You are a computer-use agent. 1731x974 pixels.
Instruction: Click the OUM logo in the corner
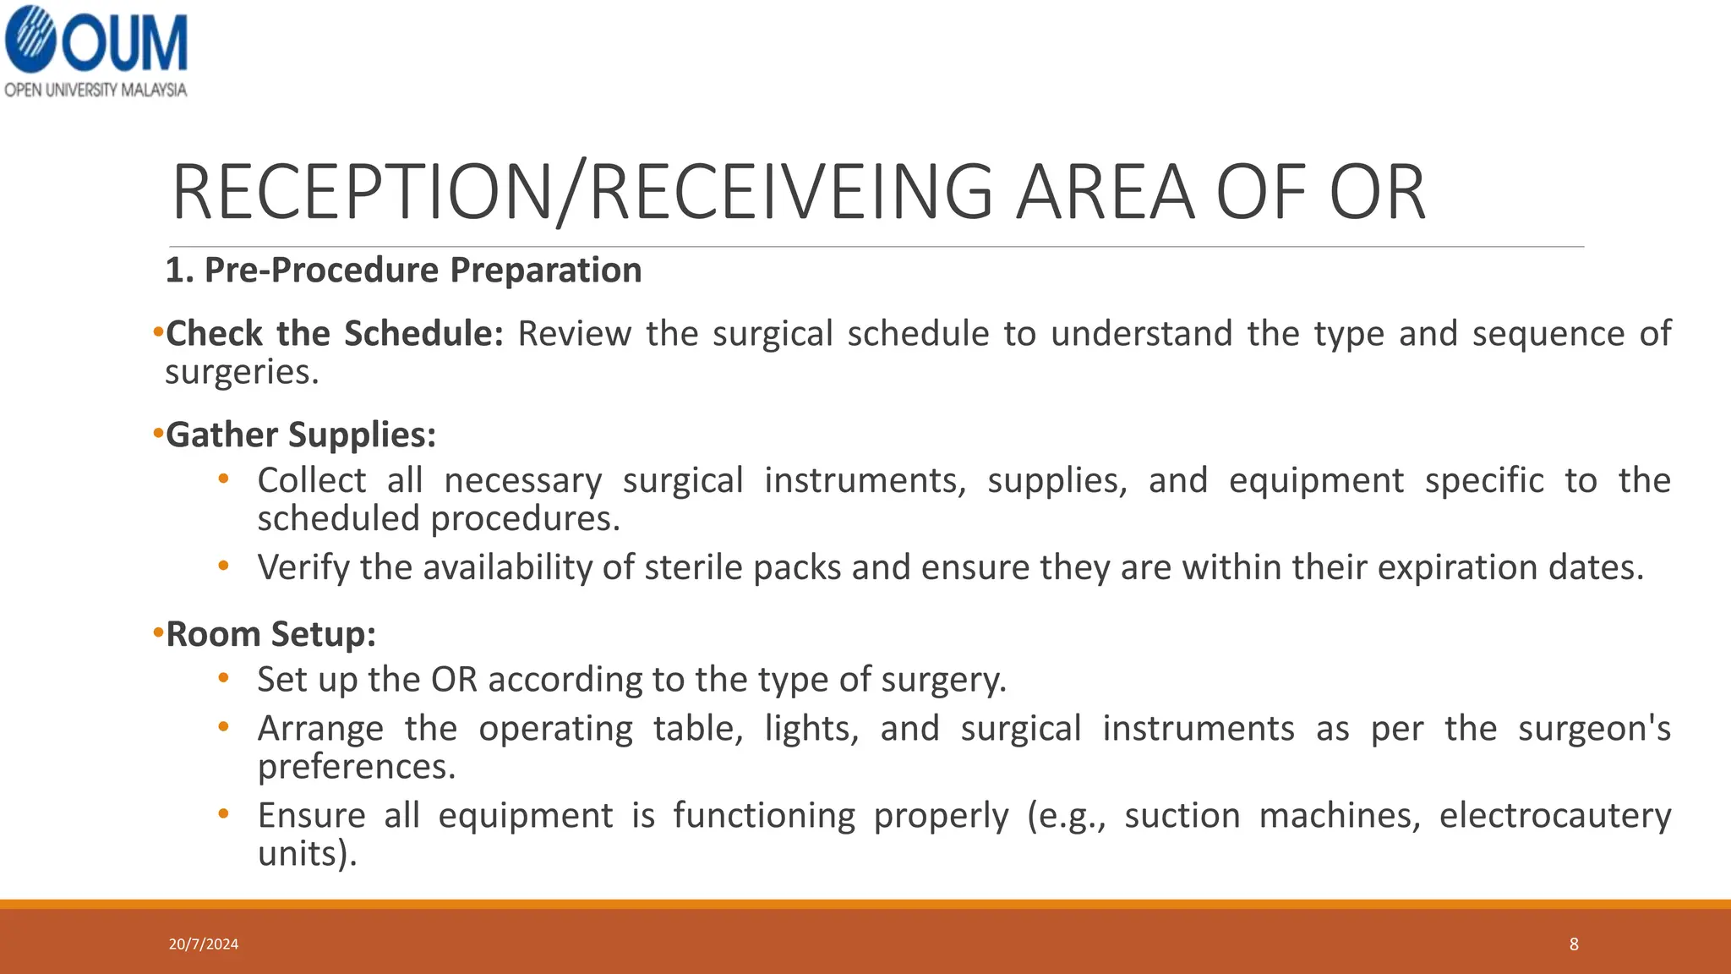[x=95, y=41]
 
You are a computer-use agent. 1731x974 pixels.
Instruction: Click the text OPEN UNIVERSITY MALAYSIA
[x=95, y=90]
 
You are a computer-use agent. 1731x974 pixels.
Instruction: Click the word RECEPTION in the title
[x=362, y=193]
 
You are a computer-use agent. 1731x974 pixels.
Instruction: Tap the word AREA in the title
[x=1106, y=193]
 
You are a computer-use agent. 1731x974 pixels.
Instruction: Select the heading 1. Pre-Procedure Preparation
[x=403, y=271]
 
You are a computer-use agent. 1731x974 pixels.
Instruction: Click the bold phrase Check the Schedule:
[x=335, y=334]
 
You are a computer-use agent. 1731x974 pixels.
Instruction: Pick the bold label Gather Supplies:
[x=301, y=435]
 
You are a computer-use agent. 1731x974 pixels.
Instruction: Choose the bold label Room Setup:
[x=270, y=634]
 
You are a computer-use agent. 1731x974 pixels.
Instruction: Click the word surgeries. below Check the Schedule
[x=242, y=372]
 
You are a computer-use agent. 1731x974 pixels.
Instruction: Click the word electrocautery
[x=1554, y=816]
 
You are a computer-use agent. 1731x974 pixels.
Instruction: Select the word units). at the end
[x=307, y=854]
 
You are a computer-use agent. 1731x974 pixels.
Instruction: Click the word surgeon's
[x=1594, y=729]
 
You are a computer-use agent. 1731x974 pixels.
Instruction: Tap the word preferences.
[x=356, y=767]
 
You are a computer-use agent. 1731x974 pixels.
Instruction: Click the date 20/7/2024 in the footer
[x=204, y=944]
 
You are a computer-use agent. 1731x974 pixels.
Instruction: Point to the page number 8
[x=1574, y=944]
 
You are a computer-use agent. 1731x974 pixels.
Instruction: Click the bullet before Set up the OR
[x=223, y=678]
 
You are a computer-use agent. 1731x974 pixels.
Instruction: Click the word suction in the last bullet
[x=1182, y=816]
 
